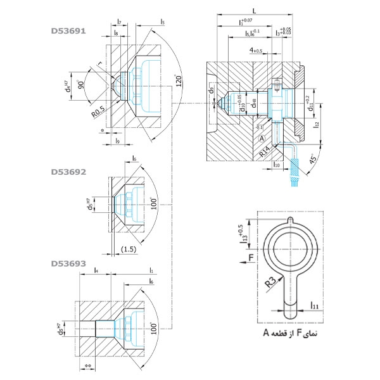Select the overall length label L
click(x=255, y=11)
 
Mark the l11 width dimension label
click(x=315, y=306)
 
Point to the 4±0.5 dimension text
click(x=256, y=49)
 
